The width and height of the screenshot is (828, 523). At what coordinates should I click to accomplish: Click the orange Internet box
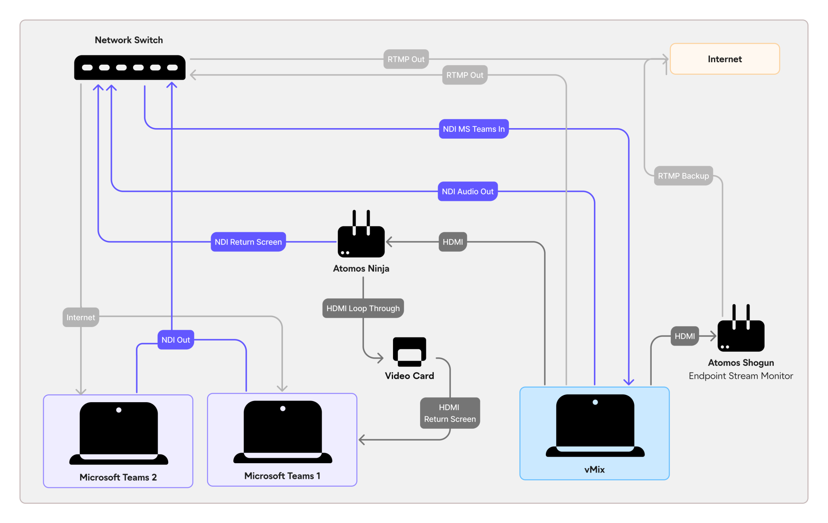(x=724, y=59)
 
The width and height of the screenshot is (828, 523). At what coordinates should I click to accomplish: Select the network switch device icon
(x=130, y=67)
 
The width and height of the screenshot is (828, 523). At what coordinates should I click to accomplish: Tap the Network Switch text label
(x=129, y=40)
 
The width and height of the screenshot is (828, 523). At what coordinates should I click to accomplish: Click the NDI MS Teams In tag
(x=473, y=129)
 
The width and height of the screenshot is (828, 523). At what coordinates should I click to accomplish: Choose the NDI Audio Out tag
(x=467, y=192)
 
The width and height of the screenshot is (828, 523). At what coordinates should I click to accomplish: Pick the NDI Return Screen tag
(x=248, y=242)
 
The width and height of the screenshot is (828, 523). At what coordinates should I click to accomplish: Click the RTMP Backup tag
(x=683, y=176)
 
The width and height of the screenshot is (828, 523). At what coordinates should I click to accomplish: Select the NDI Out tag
(x=175, y=340)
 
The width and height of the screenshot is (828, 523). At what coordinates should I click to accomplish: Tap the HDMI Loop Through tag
(x=363, y=308)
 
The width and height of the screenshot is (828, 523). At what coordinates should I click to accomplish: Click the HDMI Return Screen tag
(x=450, y=413)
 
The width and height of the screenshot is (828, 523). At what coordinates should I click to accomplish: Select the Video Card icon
(x=409, y=351)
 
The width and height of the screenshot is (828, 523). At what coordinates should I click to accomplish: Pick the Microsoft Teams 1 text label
(x=282, y=476)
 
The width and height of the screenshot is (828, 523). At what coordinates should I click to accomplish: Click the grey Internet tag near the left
(x=80, y=317)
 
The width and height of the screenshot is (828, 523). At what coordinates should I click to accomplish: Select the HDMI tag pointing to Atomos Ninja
(x=452, y=242)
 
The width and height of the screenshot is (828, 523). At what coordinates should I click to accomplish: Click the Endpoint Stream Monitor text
(x=741, y=376)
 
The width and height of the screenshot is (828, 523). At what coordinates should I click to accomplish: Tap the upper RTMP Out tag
(x=406, y=59)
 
